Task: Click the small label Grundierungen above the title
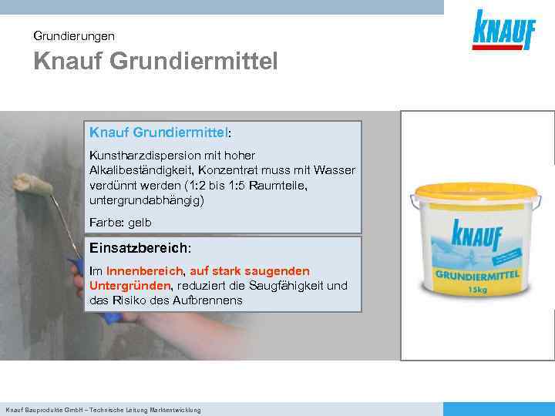(x=74, y=35)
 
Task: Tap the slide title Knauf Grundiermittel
(x=155, y=61)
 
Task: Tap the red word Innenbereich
(x=145, y=271)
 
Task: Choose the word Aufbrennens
(x=207, y=300)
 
